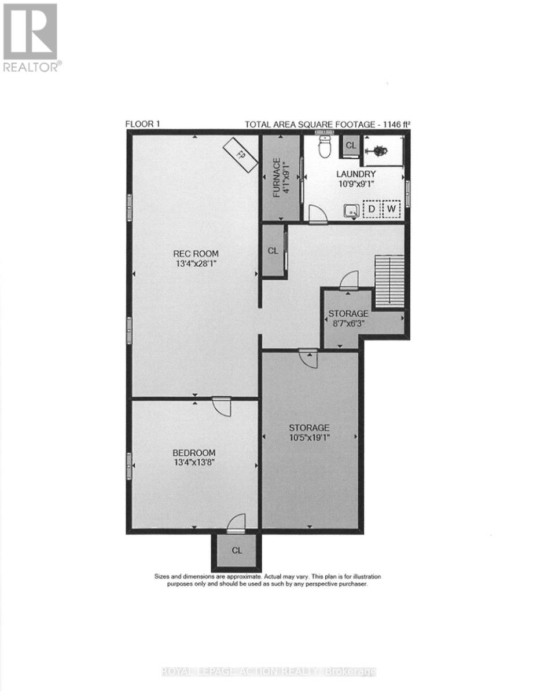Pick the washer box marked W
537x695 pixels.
[x=391, y=209]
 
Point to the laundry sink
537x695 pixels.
[x=351, y=210]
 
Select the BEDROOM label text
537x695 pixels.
[x=194, y=453]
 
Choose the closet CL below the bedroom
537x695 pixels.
[x=237, y=550]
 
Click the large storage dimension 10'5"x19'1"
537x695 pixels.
[x=310, y=437]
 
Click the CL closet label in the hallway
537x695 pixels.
[x=273, y=251]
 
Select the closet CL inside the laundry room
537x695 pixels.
[x=351, y=145]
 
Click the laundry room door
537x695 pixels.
[x=318, y=214]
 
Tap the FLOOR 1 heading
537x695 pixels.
[x=142, y=125]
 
